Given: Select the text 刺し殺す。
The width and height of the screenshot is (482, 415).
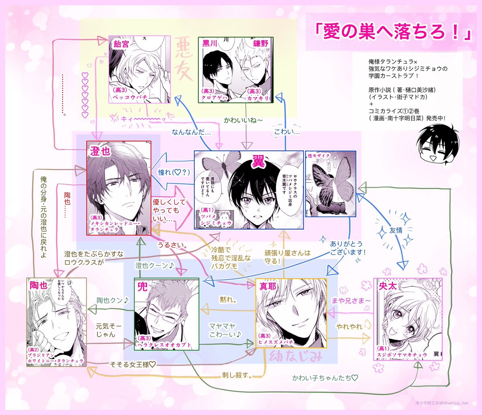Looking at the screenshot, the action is click(237, 375).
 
